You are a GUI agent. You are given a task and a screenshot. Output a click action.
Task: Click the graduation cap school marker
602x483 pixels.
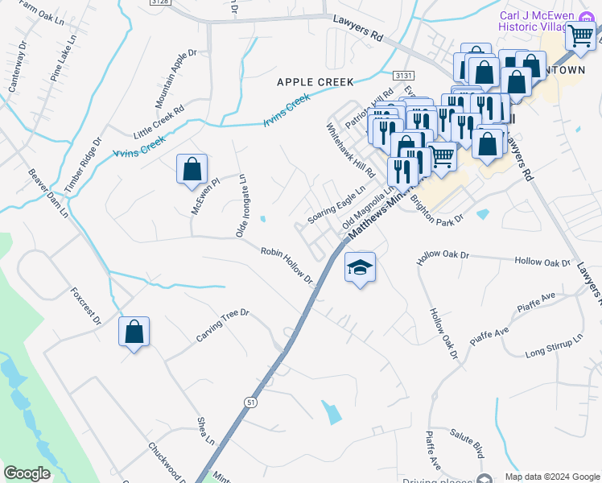click(360, 268)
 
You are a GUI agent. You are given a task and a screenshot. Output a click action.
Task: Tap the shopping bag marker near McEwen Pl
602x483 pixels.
click(192, 170)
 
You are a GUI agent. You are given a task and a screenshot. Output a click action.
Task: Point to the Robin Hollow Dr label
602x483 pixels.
click(286, 264)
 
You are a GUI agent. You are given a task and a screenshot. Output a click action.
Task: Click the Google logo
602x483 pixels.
click(27, 473)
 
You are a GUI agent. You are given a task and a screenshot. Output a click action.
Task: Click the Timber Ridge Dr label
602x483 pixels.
click(83, 164)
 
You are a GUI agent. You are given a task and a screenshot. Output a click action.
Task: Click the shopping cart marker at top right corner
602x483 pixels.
click(580, 35)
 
